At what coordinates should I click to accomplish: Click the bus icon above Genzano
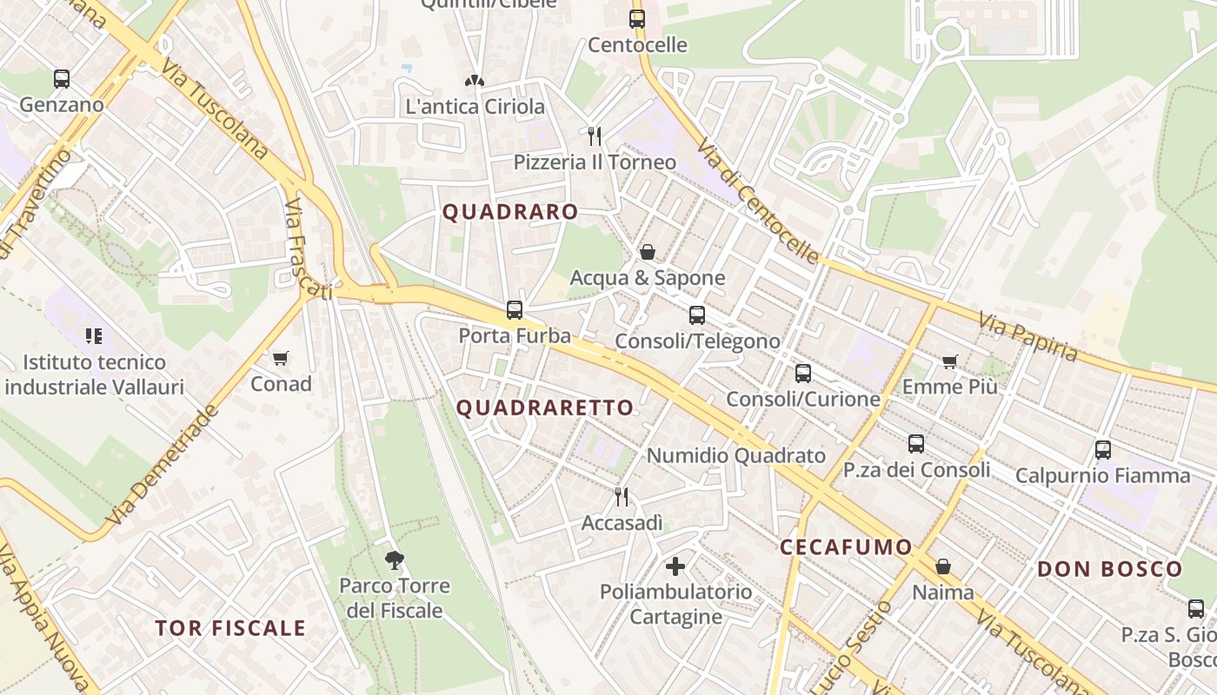coord(62,79)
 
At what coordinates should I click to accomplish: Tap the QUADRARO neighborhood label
coord(510,212)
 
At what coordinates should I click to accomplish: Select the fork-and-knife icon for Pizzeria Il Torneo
coord(595,136)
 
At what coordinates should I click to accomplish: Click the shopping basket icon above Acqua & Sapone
coord(647,252)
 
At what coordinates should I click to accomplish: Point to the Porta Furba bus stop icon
coord(515,310)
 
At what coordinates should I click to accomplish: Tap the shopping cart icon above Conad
coord(280,358)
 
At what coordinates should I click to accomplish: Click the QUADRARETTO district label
coord(545,407)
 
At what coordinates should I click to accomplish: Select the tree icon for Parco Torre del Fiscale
coord(395,560)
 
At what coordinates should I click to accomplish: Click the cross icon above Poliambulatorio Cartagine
coord(675,567)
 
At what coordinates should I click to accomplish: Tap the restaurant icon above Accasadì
coord(622,497)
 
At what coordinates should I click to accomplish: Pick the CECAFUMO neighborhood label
coord(846,547)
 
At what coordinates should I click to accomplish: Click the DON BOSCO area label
coord(1109,570)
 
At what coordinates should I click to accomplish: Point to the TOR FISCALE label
coord(230,628)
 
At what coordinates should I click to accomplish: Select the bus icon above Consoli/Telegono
coord(697,315)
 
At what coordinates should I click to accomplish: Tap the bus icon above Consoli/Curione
coord(803,374)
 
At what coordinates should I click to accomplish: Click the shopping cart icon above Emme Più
coord(949,361)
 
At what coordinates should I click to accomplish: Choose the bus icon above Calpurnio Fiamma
coord(1102,450)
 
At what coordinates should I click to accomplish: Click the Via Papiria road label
coord(1027,337)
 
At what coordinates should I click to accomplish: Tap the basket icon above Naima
coord(943,567)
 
